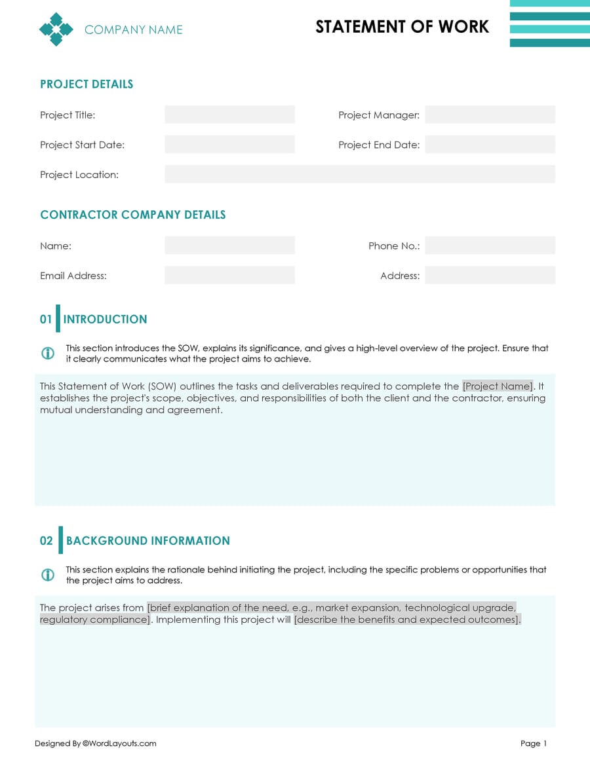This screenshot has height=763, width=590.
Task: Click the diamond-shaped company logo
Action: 56,29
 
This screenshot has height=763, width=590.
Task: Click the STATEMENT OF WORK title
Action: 402,27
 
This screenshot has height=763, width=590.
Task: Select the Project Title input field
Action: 229,115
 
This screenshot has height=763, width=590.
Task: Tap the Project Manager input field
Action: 490,115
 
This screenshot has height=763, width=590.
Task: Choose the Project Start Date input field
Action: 229,145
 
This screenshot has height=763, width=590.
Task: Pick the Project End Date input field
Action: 490,145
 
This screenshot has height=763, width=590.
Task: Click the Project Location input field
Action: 359,174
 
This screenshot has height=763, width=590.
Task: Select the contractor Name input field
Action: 229,246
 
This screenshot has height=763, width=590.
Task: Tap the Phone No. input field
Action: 490,246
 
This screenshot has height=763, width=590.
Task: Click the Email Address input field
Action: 229,276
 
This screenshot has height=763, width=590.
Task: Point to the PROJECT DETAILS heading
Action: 87,84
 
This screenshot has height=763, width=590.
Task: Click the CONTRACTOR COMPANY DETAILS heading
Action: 133,215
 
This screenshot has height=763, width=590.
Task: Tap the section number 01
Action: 46,320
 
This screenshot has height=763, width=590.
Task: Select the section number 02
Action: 47,541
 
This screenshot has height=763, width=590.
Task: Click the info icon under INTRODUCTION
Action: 48,354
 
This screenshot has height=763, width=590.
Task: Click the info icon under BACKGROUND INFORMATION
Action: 48,575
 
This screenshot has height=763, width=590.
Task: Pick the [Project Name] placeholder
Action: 498,386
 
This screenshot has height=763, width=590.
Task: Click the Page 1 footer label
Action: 533,743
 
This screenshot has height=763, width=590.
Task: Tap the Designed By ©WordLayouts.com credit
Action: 96,743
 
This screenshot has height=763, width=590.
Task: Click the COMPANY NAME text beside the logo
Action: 134,29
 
